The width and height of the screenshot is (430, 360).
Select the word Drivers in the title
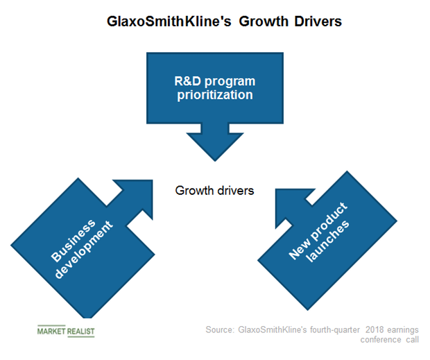click(x=313, y=22)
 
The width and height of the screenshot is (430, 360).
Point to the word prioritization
click(x=214, y=94)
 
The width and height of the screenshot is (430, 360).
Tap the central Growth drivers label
click(x=214, y=189)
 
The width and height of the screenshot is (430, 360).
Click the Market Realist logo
click(x=66, y=331)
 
